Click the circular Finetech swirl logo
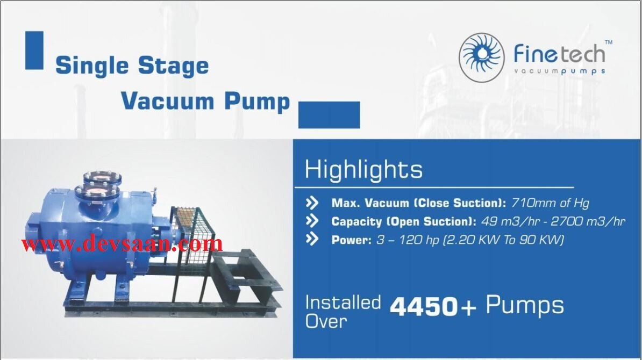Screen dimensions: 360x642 click(x=481, y=57)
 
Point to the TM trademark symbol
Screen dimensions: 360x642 click(x=608, y=42)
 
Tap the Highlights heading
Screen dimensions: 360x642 click(x=363, y=170)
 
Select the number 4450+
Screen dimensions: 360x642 click(x=433, y=307)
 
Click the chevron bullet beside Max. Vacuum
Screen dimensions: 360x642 click(x=312, y=203)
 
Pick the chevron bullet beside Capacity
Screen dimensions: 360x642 click(x=312, y=221)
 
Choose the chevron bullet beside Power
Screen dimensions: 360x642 click(x=312, y=240)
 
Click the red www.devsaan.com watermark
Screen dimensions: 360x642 click(x=122, y=244)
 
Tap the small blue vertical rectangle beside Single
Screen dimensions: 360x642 click(x=34, y=50)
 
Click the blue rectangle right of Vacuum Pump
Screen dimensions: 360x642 click(x=329, y=114)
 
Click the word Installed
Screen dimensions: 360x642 click(x=343, y=303)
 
